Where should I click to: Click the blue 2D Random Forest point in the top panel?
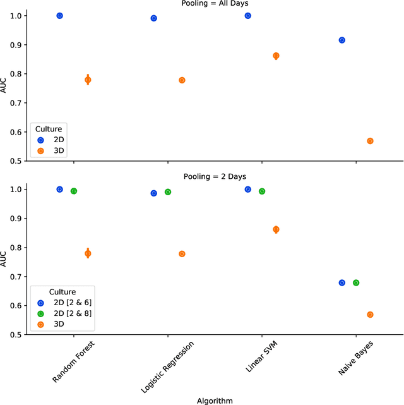59,15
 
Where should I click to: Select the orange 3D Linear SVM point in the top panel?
276,56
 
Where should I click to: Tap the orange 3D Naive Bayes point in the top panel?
370,141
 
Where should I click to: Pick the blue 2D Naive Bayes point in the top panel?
342,40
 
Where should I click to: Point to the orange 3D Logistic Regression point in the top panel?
182,80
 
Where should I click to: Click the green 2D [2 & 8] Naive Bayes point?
356,282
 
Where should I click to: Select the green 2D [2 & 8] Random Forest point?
73,191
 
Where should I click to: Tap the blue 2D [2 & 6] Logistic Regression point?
153,193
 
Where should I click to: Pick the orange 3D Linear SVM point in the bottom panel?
276,229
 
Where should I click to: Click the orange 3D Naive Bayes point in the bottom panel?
370,315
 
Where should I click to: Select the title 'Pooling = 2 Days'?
215,176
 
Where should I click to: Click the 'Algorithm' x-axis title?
215,400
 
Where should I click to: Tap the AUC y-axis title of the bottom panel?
5,262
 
